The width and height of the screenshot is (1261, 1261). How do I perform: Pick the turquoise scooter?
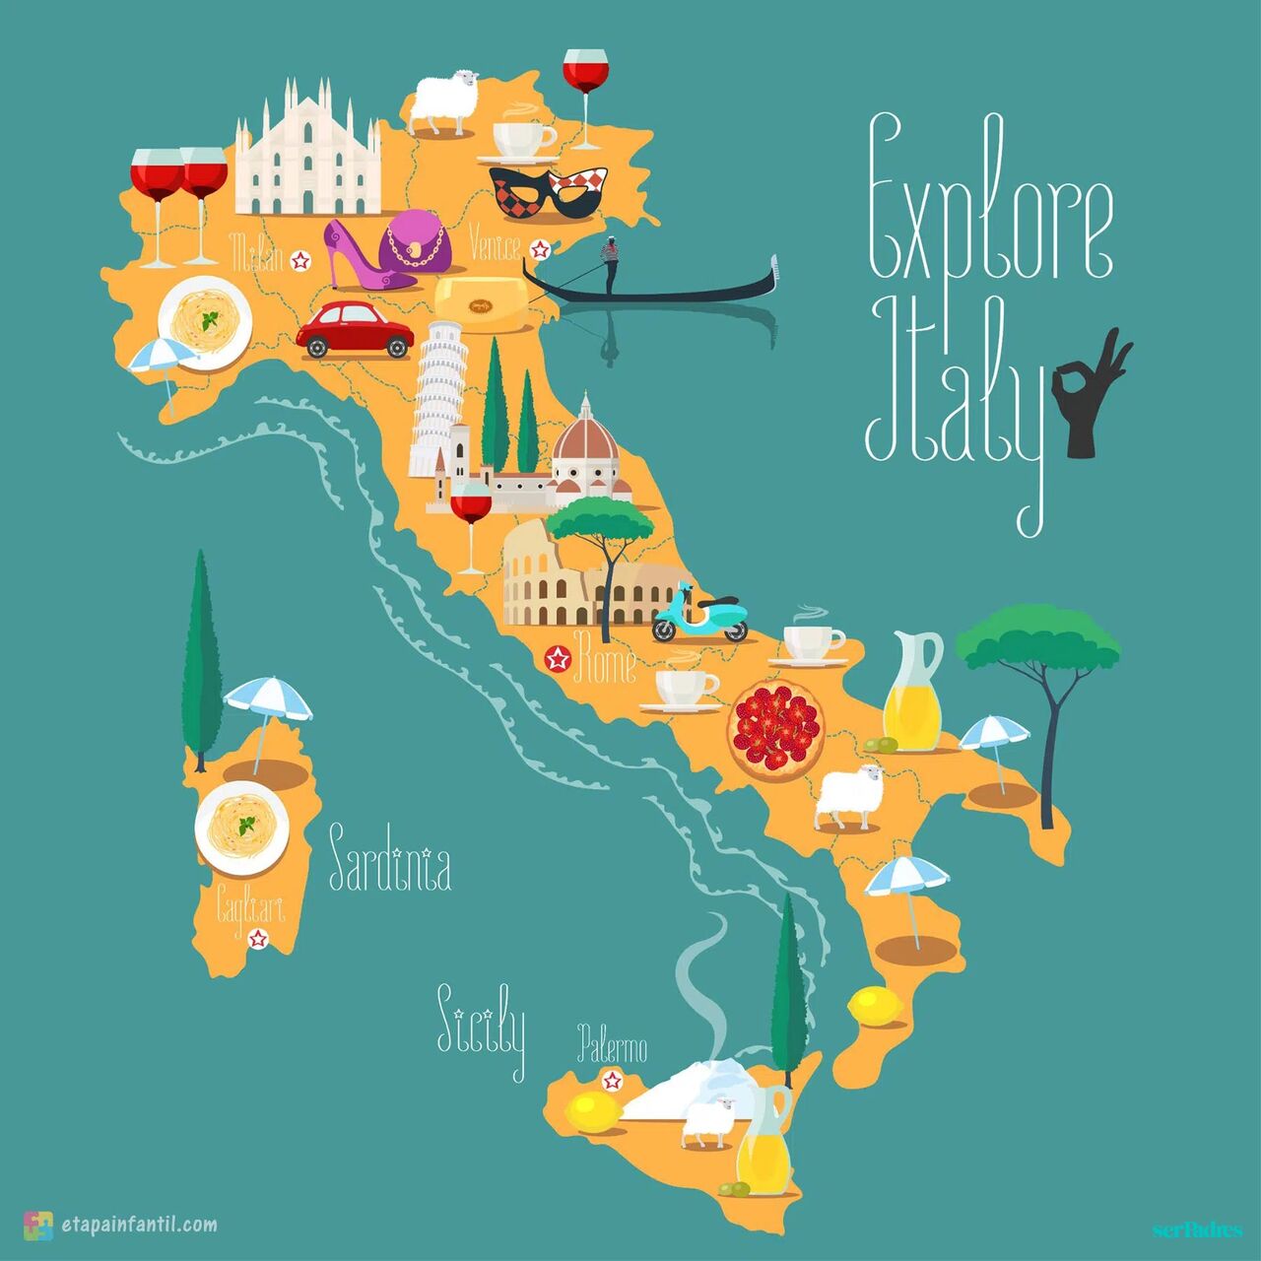(x=699, y=614)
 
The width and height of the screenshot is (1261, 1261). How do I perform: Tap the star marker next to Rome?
(x=559, y=658)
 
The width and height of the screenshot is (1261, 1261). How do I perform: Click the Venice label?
(x=495, y=243)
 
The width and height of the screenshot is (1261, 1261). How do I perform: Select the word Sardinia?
(x=390, y=861)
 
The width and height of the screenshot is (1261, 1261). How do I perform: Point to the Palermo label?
(x=612, y=1044)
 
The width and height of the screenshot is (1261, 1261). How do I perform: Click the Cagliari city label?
(x=249, y=906)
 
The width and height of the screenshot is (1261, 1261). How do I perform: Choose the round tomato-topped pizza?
(x=775, y=730)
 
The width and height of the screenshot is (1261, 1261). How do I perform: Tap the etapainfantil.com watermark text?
(x=139, y=1225)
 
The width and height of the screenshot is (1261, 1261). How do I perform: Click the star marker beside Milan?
(x=301, y=260)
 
